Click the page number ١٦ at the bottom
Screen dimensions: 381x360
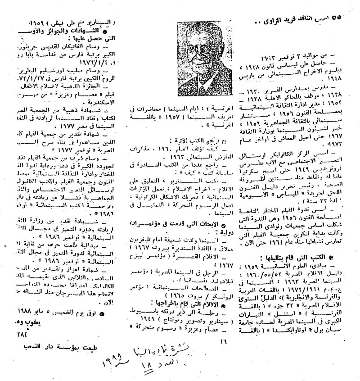[x=222, y=341]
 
